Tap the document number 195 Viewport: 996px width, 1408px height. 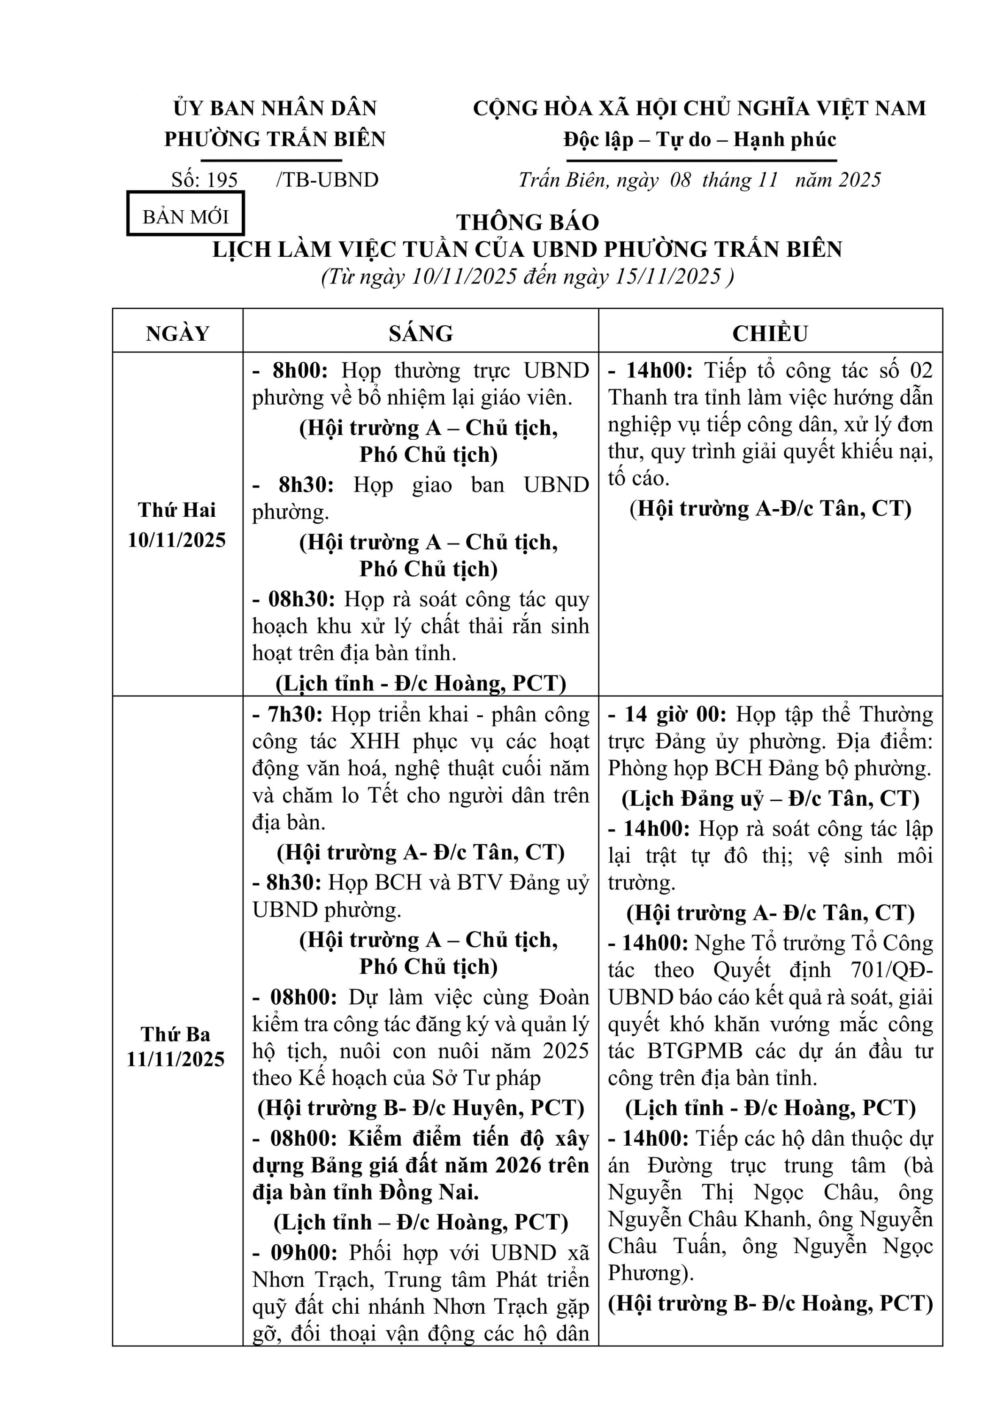222,180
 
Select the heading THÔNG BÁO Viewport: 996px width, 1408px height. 527,222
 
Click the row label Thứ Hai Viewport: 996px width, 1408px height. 177,510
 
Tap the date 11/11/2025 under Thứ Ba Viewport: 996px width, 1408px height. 176,1060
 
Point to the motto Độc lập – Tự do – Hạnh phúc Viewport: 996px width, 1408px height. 700,140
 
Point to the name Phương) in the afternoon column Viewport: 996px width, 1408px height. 651,1273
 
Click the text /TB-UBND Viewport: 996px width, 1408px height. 328,180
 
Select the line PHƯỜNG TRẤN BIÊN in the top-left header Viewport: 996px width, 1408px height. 275,139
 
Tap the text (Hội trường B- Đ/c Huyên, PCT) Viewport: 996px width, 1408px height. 421,1108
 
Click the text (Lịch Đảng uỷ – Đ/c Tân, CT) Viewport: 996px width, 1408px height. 770,798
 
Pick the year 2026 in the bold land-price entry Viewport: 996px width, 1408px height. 520,1165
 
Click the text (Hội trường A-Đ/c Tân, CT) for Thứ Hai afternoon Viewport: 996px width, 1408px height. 770,508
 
